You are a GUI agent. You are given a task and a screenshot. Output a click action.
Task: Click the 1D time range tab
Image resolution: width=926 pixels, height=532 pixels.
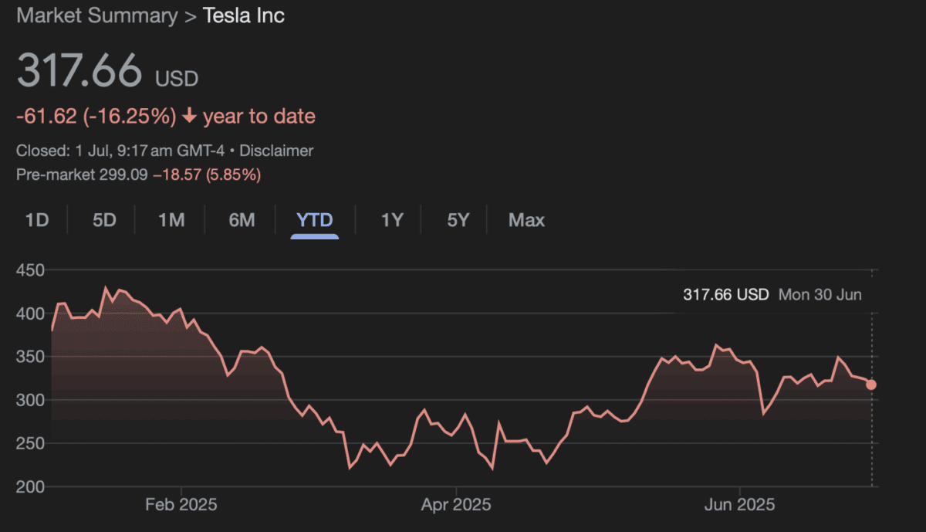coord(37,220)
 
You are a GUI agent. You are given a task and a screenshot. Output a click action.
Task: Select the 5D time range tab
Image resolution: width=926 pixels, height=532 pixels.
coord(104,220)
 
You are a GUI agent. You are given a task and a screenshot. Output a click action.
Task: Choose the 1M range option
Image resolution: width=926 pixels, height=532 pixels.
coord(171,220)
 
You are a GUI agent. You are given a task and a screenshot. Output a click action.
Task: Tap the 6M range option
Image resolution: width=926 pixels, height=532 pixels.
coord(242,220)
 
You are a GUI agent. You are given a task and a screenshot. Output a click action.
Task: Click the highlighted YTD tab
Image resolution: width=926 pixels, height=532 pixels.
coord(315,220)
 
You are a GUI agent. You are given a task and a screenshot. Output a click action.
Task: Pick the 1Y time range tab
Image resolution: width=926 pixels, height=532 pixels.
coord(392,220)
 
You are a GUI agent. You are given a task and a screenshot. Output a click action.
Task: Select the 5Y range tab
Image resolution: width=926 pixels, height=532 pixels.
coord(458,220)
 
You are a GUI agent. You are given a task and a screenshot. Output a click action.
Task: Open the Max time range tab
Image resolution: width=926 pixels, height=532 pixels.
coord(526,220)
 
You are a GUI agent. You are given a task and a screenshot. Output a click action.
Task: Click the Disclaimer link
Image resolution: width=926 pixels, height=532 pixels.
coord(278,151)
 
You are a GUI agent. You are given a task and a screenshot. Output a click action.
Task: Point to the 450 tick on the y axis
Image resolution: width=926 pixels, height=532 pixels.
coord(30,270)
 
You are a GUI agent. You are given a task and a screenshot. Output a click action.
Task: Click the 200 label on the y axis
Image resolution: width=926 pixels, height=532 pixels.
coord(30,486)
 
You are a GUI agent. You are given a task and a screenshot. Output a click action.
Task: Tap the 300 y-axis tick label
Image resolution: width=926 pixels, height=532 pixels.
coord(30,400)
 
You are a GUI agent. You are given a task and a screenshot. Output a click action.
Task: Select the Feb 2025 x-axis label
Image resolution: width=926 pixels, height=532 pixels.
coord(181,506)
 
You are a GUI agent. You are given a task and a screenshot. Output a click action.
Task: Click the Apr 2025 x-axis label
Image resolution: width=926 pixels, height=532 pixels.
coord(456,506)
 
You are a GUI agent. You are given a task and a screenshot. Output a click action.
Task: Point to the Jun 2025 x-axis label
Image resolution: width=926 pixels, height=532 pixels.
coord(739,506)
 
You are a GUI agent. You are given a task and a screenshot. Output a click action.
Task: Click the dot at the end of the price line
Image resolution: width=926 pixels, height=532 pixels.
coord(871,385)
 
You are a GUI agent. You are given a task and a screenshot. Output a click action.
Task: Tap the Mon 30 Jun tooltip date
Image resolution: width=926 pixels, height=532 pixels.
coord(820,294)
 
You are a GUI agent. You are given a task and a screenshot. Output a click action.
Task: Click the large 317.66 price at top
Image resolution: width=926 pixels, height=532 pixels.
coord(79,72)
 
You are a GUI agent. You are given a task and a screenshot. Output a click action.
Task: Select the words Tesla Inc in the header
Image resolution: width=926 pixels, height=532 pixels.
coord(244,16)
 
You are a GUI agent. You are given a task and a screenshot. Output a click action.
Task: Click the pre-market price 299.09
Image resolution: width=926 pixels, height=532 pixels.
coord(123,175)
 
